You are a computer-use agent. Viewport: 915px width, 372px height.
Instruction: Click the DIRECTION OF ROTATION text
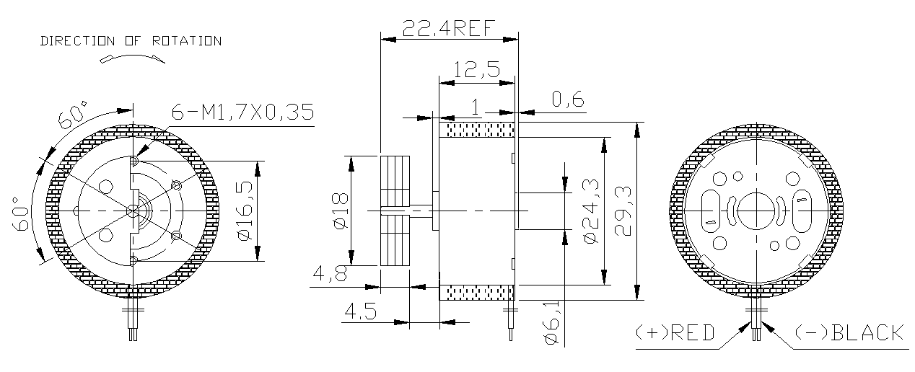pyautogui.click(x=131, y=41)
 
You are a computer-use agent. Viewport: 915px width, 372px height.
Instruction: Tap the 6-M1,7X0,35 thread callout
pyautogui.click(x=242, y=113)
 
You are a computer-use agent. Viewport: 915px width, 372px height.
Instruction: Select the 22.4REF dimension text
pyautogui.click(x=448, y=28)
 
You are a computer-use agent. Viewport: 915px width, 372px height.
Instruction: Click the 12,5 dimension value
pyautogui.click(x=476, y=70)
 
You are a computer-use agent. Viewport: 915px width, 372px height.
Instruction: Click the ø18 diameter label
pyautogui.click(x=340, y=211)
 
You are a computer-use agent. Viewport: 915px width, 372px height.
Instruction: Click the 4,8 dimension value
pyautogui.click(x=328, y=275)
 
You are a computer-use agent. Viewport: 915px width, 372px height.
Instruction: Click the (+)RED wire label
pyautogui.click(x=675, y=333)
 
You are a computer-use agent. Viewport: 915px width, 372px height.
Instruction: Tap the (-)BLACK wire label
pyautogui.click(x=849, y=333)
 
